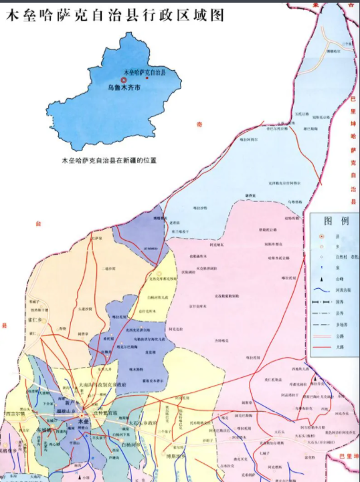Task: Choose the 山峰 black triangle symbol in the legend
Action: [x=323, y=278]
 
